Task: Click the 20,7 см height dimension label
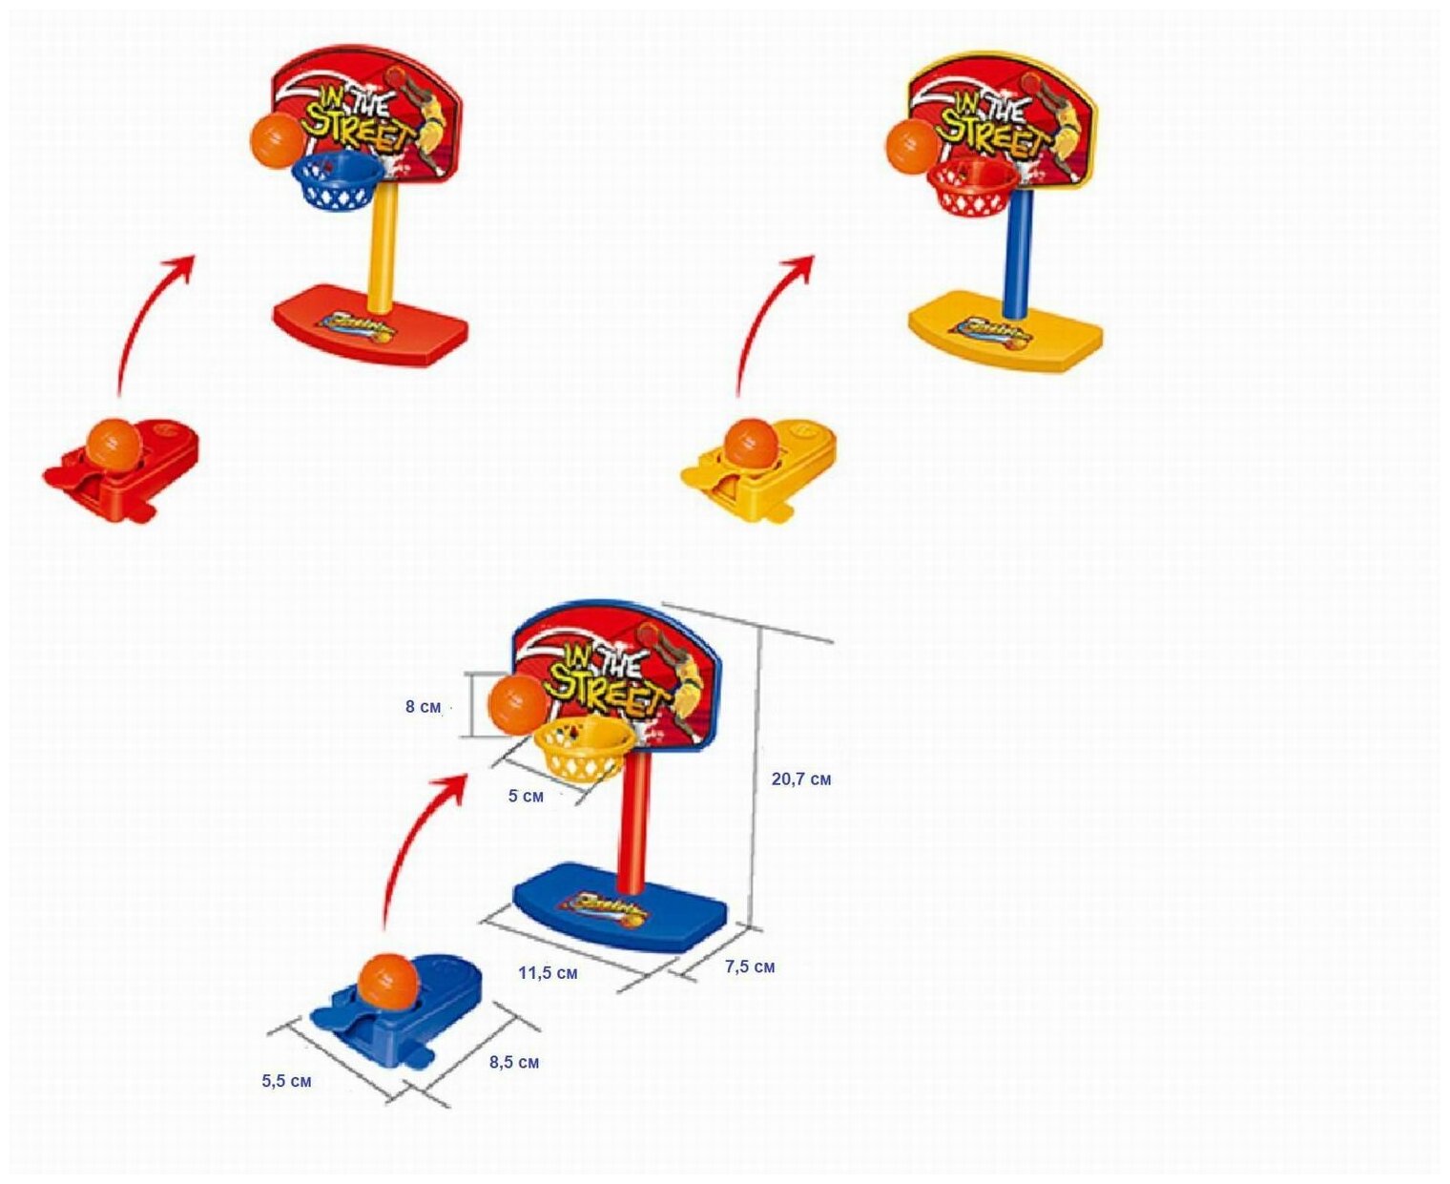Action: [x=800, y=779]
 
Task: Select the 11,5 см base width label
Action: [x=548, y=973]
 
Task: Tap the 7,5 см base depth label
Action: [x=750, y=966]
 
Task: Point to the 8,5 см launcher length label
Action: [x=514, y=1062]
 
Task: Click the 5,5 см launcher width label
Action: [x=286, y=1081]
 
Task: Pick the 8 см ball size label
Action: [x=423, y=707]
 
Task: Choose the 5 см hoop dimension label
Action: [x=526, y=796]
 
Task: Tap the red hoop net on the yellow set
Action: [x=971, y=189]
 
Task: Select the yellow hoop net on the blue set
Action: [x=584, y=750]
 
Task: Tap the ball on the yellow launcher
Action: [x=751, y=444]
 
